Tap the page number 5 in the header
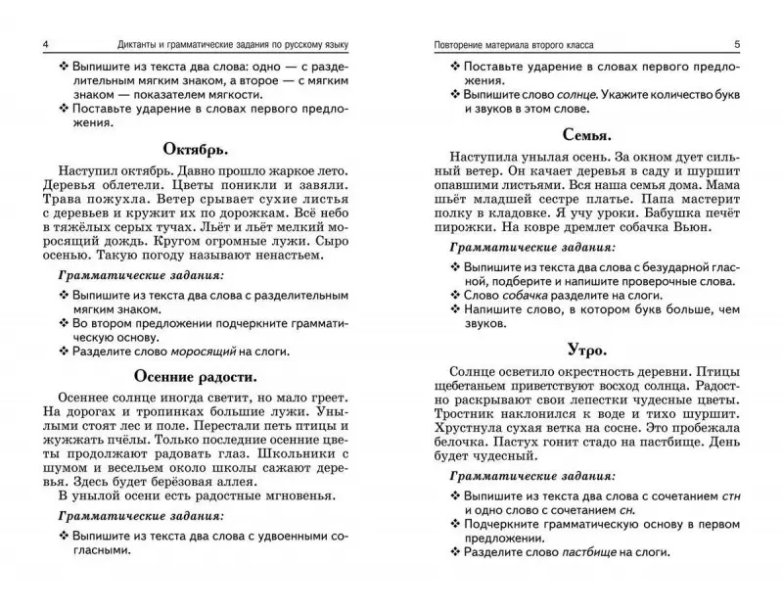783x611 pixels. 750,45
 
